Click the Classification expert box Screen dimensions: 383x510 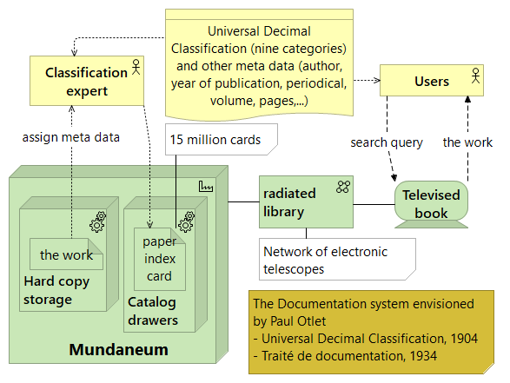86,82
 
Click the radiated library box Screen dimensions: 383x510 306,201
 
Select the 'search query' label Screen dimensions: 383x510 387,142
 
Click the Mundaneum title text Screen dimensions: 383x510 118,350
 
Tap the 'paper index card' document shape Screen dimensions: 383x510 159,259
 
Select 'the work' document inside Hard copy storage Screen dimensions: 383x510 66,255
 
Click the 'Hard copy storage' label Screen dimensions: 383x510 56,291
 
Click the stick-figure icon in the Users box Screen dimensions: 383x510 474,76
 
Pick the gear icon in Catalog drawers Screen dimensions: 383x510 185,225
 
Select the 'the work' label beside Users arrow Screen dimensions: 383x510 467,142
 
